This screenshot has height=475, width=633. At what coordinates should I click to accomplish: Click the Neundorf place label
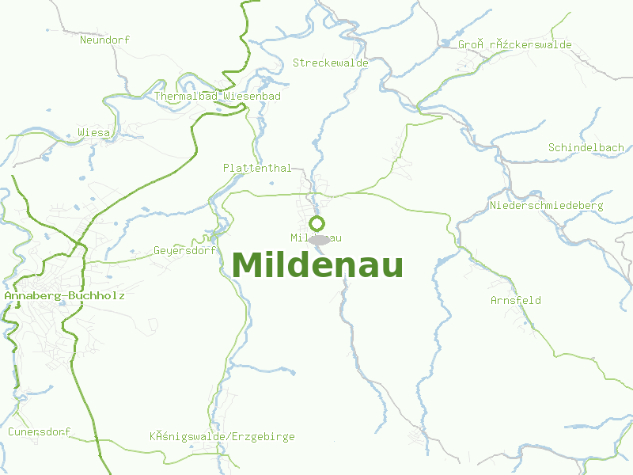(x=104, y=40)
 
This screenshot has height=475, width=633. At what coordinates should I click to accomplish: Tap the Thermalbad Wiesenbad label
(x=218, y=96)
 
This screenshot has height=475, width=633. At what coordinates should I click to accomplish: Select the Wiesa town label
(x=94, y=132)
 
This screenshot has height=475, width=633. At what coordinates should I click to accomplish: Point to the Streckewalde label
(x=331, y=62)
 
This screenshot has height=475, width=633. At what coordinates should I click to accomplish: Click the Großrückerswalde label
(x=514, y=44)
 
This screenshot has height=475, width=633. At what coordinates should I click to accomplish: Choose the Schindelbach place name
(x=586, y=147)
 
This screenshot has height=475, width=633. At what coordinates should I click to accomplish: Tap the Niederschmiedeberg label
(x=547, y=205)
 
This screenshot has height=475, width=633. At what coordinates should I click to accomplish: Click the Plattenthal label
(x=257, y=168)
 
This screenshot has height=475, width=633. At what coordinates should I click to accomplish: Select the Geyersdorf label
(x=185, y=250)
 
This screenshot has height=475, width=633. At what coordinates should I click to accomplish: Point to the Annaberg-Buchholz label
(x=64, y=295)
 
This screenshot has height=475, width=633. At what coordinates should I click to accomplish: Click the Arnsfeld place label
(x=516, y=300)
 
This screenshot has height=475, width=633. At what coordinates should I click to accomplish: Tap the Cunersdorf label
(x=40, y=431)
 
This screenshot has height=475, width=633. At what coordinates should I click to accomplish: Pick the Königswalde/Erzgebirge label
(x=222, y=436)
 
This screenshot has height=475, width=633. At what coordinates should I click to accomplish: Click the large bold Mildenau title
(x=318, y=265)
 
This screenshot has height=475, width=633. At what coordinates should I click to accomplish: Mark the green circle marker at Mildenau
(x=317, y=223)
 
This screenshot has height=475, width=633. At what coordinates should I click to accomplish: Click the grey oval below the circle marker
(x=319, y=239)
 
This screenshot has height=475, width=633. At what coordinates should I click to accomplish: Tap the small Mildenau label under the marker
(x=316, y=237)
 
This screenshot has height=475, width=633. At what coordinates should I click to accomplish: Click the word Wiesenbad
(x=252, y=96)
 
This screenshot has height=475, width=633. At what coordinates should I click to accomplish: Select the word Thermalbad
(x=186, y=96)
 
